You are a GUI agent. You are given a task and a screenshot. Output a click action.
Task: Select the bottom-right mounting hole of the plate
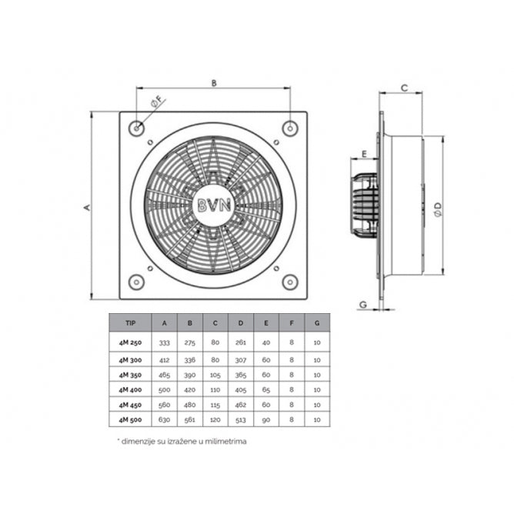point(289,282)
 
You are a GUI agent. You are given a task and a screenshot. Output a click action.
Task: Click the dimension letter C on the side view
point(404,88)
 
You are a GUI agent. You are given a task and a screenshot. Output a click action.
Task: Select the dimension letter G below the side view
point(362,305)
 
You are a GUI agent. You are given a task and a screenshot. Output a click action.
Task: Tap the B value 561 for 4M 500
point(190,419)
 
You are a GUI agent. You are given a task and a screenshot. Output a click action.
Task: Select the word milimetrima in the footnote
point(225,442)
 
